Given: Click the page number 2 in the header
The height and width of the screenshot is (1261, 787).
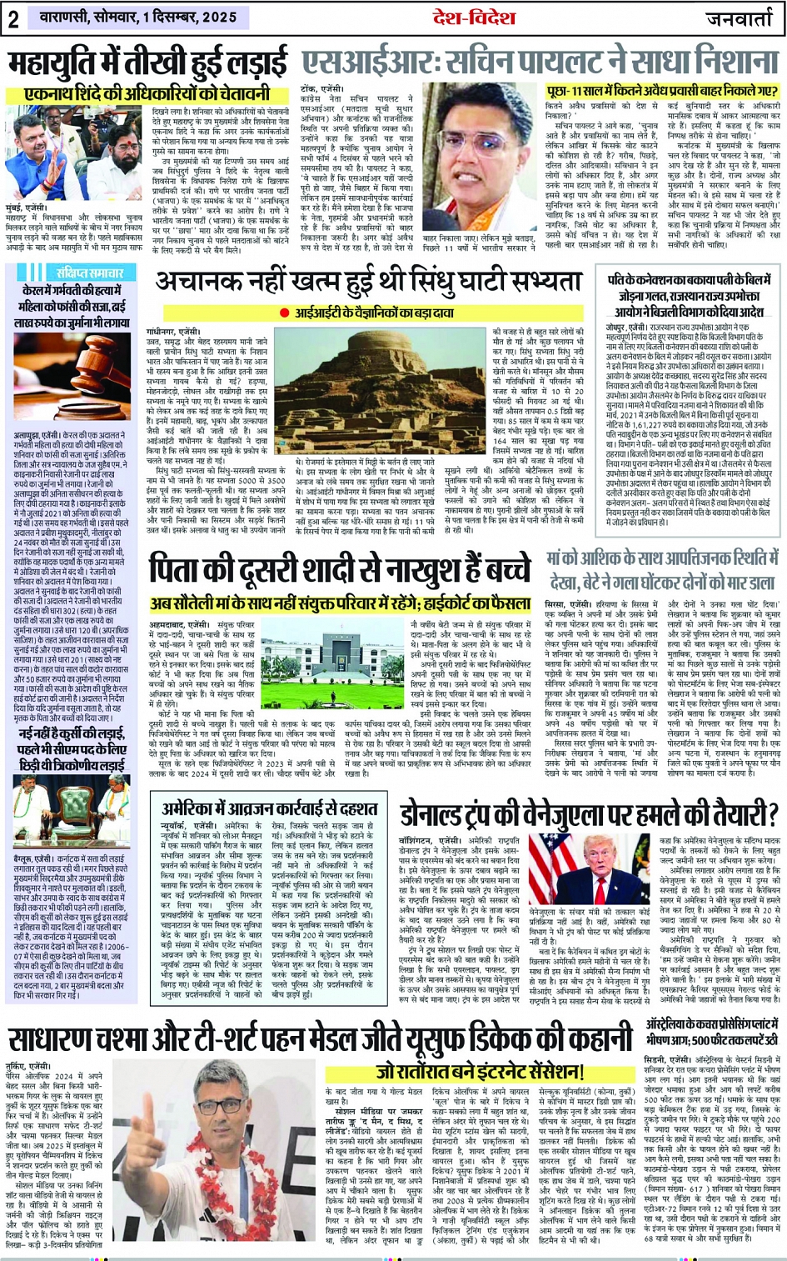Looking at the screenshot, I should [x=13, y=18].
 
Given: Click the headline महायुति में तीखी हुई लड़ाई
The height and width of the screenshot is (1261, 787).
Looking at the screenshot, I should [x=148, y=64].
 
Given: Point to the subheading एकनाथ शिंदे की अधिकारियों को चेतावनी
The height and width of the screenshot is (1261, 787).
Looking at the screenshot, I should [x=147, y=94].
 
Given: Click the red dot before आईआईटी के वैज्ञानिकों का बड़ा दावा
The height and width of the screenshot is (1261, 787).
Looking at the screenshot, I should [x=285, y=313].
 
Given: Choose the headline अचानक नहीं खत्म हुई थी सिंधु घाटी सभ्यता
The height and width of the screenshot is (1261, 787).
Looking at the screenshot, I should [x=372, y=283].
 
